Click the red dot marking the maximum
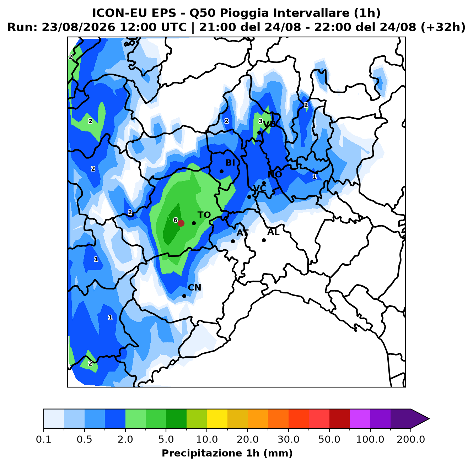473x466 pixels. coord(181,223)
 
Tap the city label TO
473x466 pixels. coord(204,215)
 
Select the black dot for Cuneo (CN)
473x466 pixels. coord(184,296)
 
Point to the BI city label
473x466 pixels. coord(230,163)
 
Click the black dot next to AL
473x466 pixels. coord(264,240)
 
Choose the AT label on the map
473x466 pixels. coord(242,233)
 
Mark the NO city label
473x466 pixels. coord(275,174)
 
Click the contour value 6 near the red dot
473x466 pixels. coord(175,220)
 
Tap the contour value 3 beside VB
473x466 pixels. coord(260,121)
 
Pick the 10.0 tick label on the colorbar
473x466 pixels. coord(207,439)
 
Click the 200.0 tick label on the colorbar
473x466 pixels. coord(411,439)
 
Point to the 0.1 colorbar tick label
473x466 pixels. coord(44,439)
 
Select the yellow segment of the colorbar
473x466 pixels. coord(217,419)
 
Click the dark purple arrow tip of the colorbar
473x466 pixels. coord(429,419)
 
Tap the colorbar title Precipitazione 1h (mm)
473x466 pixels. coord(227,453)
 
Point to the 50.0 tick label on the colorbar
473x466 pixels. coord(329,439)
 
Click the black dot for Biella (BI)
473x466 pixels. coord(221,171)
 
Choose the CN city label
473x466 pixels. coord(194,288)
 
